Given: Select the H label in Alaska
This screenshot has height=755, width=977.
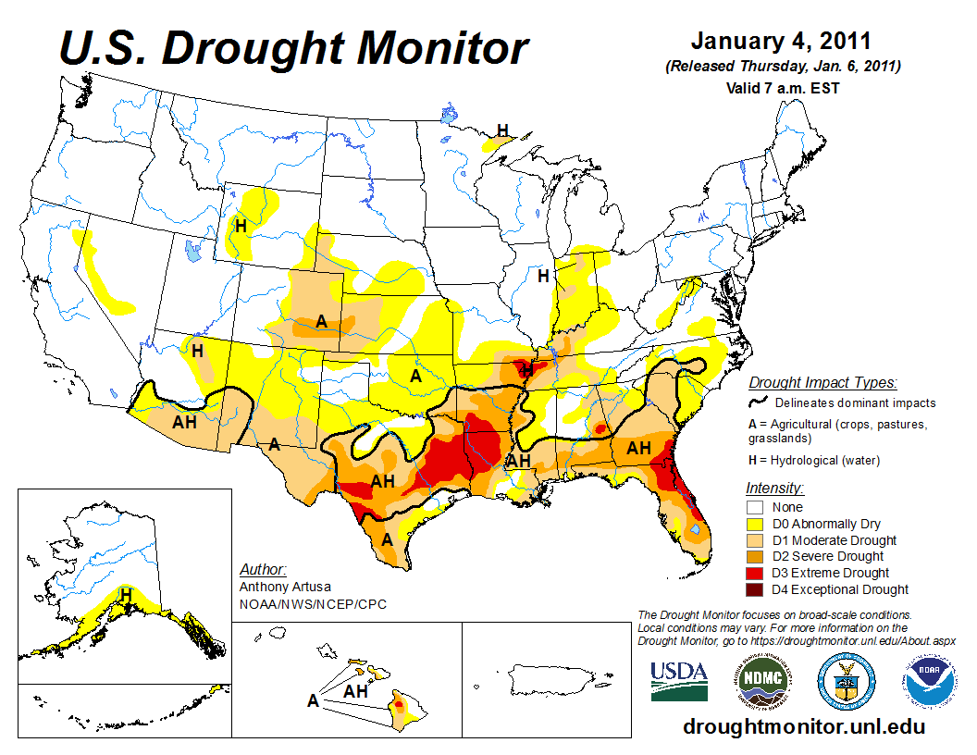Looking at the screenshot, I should coord(126,593).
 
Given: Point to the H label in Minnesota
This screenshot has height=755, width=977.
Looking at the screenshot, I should coord(502,130).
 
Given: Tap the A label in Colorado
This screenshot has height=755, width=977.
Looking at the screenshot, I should coord(321,321).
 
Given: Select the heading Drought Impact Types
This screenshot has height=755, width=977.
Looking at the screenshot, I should coord(822,382).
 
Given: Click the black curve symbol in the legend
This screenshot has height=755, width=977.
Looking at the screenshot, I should coord(758,402).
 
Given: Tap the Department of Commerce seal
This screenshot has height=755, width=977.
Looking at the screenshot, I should coord(846,683).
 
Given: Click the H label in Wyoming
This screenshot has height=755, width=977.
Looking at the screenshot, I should coord(241,225).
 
